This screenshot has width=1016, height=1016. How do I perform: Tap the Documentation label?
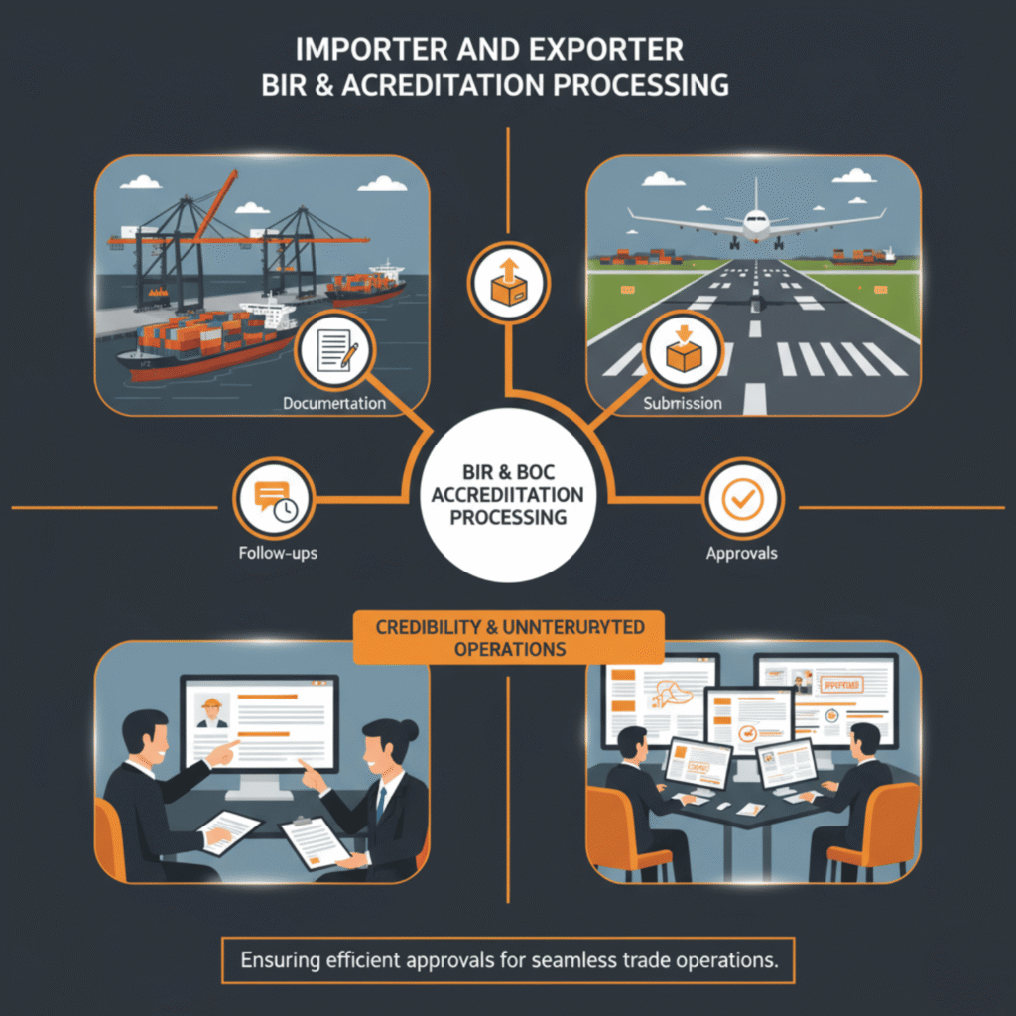pos(333,404)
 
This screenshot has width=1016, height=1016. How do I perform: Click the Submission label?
pos(682,404)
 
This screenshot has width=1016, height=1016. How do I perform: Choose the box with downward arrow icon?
pos(683,350)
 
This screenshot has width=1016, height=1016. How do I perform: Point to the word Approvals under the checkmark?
pos(742,554)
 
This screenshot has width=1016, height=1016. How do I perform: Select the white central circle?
pos(507,493)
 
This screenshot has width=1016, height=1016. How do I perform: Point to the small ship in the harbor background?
pos(366,282)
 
